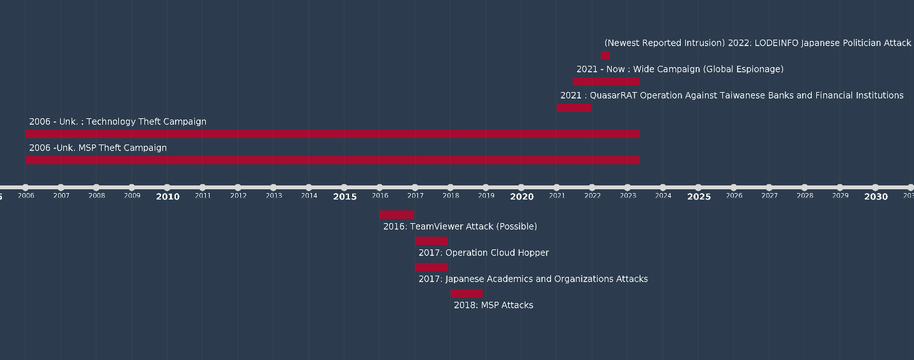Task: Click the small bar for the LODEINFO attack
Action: (x=605, y=56)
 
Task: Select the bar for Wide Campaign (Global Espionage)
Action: (x=606, y=82)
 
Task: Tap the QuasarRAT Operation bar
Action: (x=574, y=108)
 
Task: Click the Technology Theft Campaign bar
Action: (x=332, y=134)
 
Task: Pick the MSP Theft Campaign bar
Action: (x=332, y=160)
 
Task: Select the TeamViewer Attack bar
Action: (x=397, y=215)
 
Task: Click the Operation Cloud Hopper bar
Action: (x=431, y=241)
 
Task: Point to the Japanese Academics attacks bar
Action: (x=432, y=267)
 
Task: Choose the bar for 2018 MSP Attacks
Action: (x=467, y=293)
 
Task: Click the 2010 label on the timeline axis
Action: (x=167, y=197)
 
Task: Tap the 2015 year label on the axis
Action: (x=345, y=197)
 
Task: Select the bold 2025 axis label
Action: (x=699, y=197)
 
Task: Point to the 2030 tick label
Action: (x=876, y=197)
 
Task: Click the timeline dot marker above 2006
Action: (x=26, y=187)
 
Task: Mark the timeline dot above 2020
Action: (x=522, y=187)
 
